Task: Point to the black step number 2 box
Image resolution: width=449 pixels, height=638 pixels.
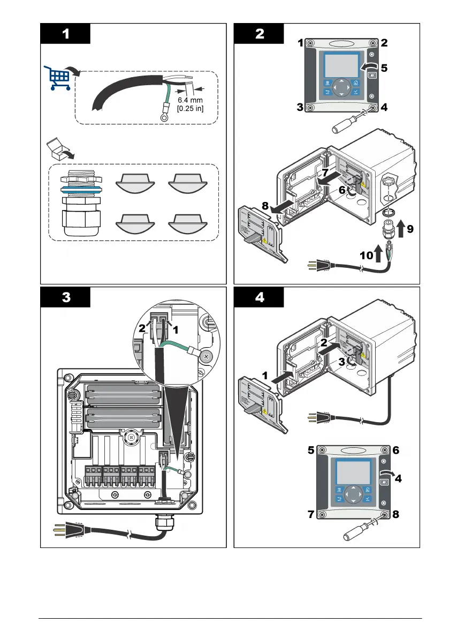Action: point(259,34)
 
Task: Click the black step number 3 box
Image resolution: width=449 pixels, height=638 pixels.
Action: point(66,298)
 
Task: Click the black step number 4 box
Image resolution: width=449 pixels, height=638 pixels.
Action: point(259,298)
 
